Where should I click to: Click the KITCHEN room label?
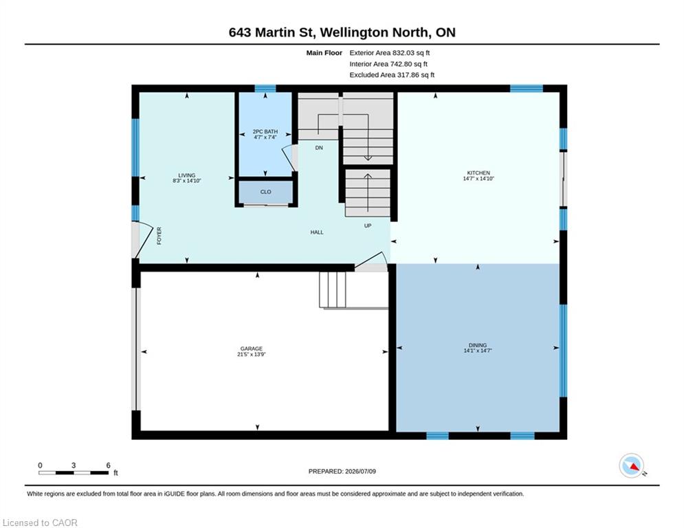478,173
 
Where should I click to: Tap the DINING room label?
478,345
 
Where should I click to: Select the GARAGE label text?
252,349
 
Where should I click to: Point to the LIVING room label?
187,175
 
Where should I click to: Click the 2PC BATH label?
265,131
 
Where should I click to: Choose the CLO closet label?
265,192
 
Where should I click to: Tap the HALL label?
317,232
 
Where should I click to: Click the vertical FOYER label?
159,236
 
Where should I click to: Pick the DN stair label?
319,148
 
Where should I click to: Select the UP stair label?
368,225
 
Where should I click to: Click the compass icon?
632,466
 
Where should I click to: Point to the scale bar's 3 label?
74,465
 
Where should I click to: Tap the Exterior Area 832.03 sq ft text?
390,53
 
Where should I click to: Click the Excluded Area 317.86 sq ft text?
392,75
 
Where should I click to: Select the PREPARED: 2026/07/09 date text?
342,471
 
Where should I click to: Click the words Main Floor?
324,53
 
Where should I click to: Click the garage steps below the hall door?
333,289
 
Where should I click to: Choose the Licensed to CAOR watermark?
40,522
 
